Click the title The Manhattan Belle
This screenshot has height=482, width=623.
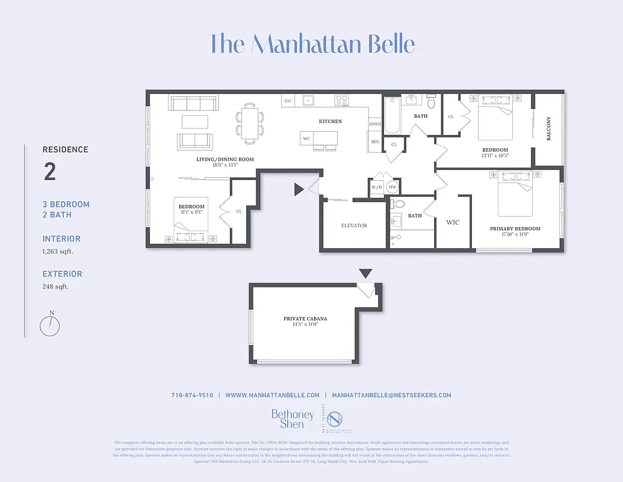click(311, 45)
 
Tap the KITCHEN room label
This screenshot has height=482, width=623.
click(330, 122)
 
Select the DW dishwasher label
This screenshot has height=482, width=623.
click(288, 101)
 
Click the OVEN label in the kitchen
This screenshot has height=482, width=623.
click(375, 124)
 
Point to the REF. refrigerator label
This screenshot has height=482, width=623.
click(375, 142)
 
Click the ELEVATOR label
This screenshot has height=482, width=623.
click(354, 226)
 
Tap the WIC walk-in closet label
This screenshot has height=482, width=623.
click(453, 222)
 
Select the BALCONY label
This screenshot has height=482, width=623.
click(548, 129)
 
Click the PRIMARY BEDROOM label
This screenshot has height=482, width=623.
click(515, 229)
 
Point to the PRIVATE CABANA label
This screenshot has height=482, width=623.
click(305, 319)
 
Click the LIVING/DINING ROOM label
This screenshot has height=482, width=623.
click(225, 160)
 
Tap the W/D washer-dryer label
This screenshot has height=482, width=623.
click(377, 187)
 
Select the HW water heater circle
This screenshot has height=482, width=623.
click(392, 187)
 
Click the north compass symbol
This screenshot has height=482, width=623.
click(50, 326)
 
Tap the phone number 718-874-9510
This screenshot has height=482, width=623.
click(192, 395)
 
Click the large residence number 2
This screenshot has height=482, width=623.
click(50, 172)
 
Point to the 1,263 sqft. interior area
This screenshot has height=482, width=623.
click(58, 251)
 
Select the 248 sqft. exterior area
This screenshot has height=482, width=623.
click(55, 286)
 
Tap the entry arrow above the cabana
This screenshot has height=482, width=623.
click(365, 273)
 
